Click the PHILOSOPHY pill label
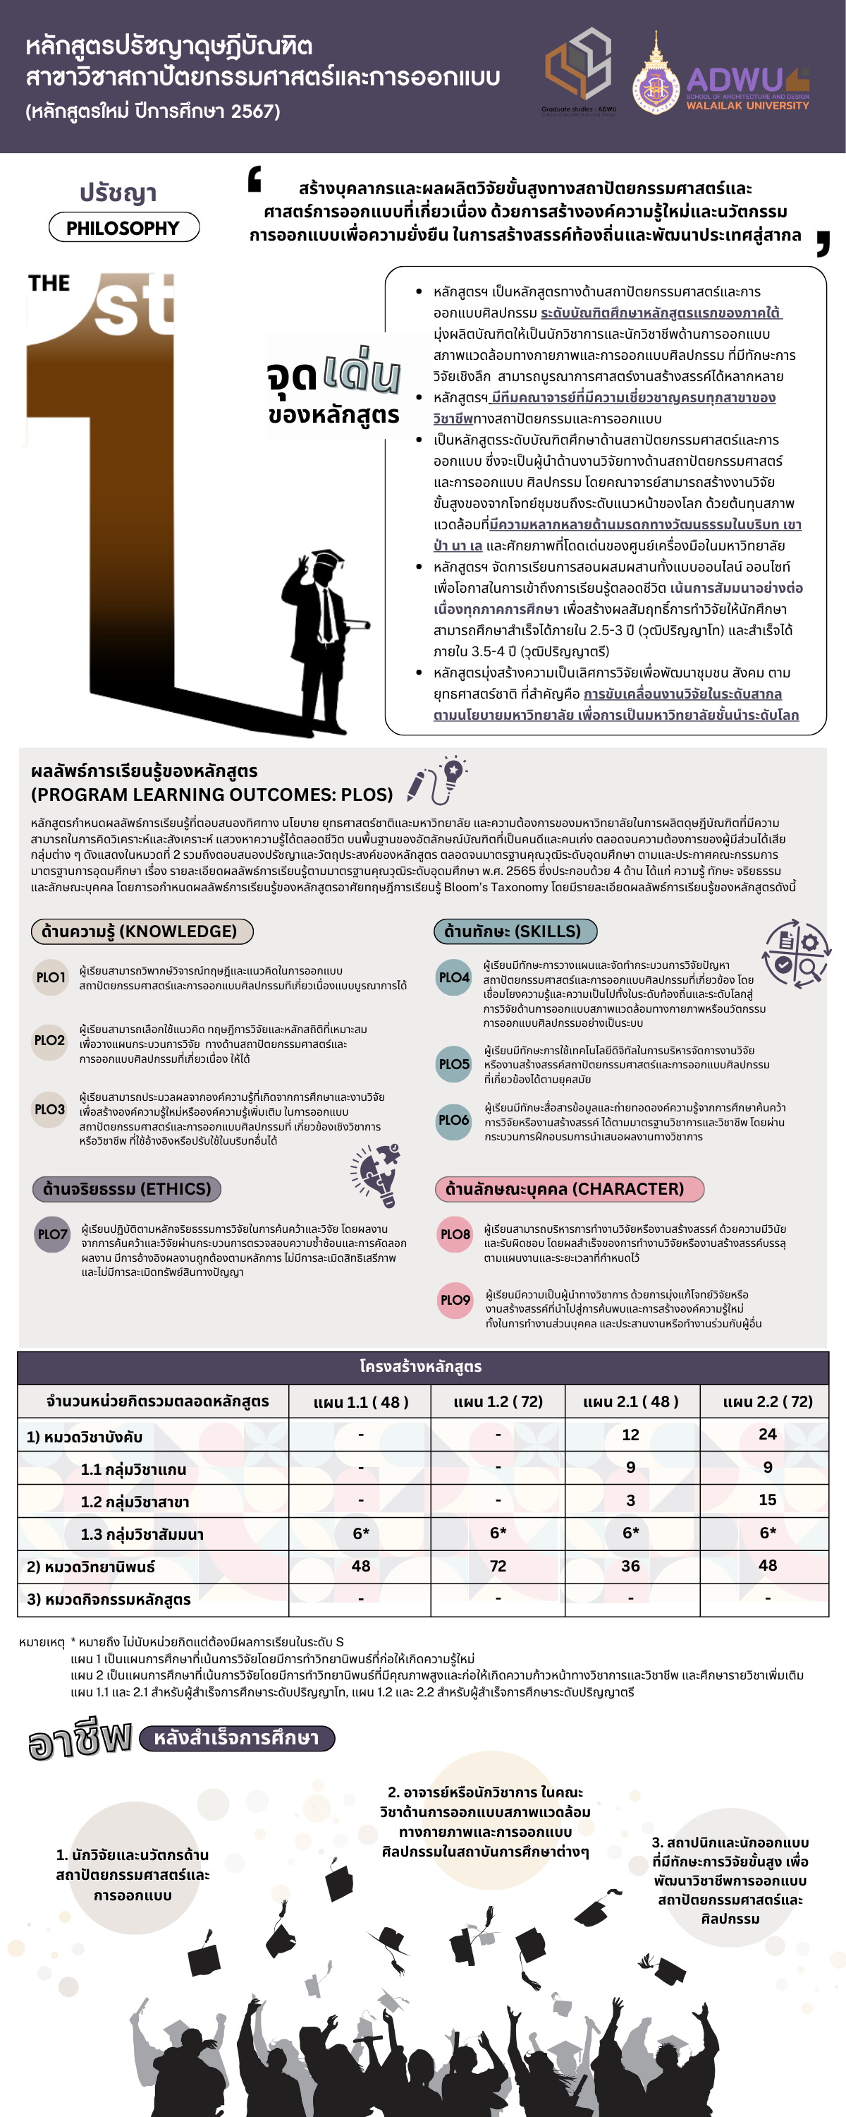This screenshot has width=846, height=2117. coord(123,228)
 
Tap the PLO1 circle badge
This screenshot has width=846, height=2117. coord(50,977)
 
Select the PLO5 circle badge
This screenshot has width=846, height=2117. coord(453,1064)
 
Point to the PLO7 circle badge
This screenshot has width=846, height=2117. coord(53,1234)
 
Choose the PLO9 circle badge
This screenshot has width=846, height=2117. coord(455,1299)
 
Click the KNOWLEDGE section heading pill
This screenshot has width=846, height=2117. coord(141,931)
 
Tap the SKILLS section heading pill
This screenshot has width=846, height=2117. coord(514,931)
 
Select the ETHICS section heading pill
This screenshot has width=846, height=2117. coord(126,1188)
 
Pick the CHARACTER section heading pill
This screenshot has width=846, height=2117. coord(569,1188)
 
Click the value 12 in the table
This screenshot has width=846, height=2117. coord(630,1435)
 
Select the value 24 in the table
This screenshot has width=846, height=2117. coord(767,1434)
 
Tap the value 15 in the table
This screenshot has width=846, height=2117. coord(767,1500)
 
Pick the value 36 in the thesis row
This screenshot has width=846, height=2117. coord(630,1566)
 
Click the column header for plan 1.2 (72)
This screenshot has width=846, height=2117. coord(498,1401)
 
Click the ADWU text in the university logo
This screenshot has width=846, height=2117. coord(735,80)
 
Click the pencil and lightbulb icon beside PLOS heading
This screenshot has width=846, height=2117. coord(437,779)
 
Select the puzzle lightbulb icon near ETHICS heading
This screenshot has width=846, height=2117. coord(376,1174)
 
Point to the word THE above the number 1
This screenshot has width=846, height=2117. coord(49,284)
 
